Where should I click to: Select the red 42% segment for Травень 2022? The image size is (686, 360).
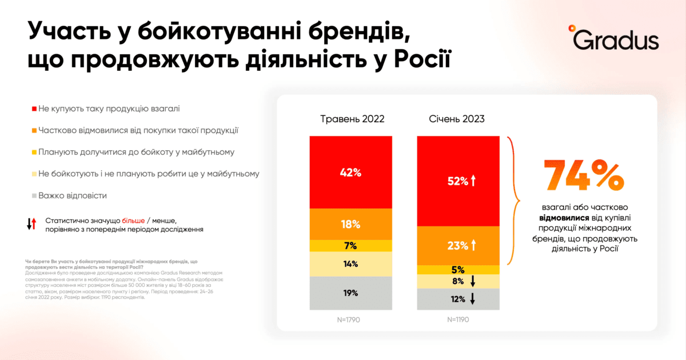tap(350, 172)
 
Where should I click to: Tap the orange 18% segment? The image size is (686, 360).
tap(350, 224)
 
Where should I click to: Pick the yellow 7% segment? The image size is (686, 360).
tap(350, 246)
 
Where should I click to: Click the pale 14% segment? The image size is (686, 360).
tap(350, 264)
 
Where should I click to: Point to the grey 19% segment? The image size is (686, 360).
tap(350, 293)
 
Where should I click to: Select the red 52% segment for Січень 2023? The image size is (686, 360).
tap(458, 181)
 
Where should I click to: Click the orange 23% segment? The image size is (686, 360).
tap(458, 246)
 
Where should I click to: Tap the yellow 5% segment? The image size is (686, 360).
tap(458, 270)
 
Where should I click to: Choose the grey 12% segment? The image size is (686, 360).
tap(458, 299)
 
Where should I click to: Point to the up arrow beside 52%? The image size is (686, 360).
tap(473, 181)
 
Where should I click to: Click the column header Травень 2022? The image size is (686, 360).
tap(352, 119)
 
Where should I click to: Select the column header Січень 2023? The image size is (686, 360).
tap(457, 119)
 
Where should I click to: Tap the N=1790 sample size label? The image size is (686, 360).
tap(350, 319)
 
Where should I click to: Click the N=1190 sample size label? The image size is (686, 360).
tap(458, 319)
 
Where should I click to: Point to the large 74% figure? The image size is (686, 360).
tap(583, 175)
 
